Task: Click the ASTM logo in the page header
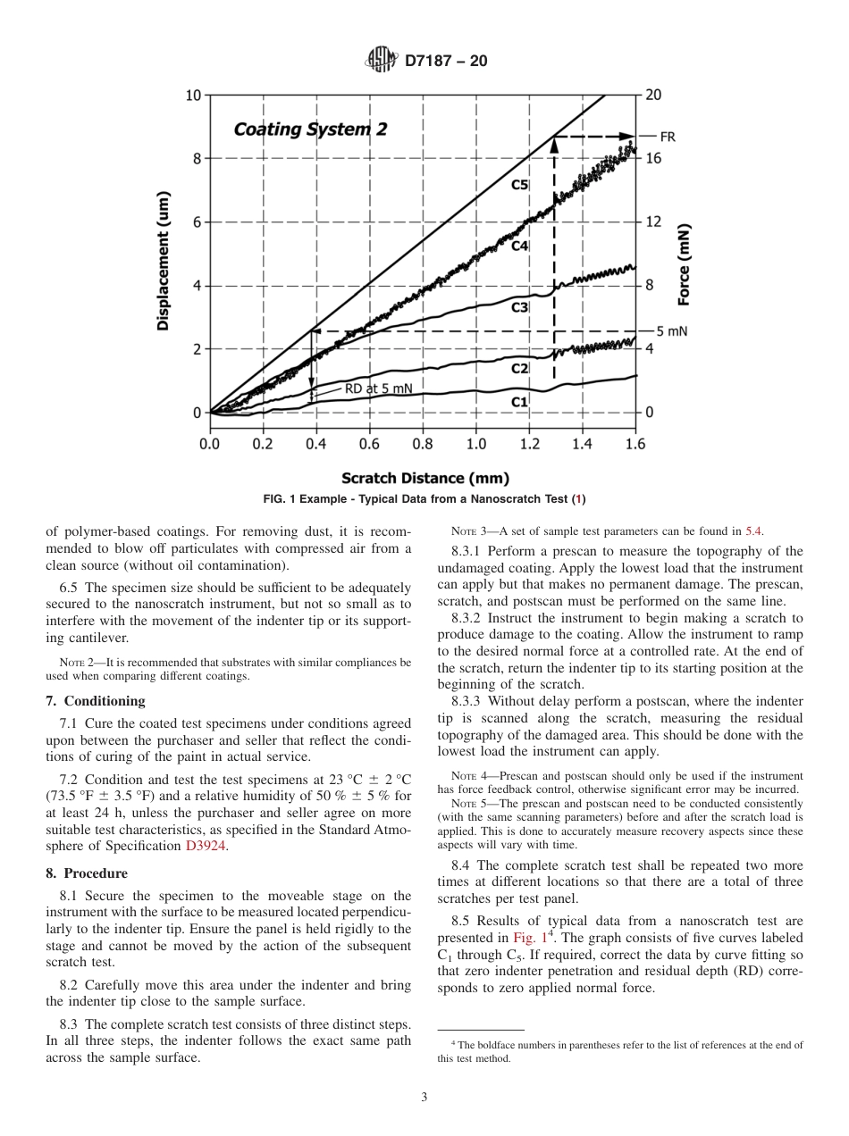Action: point(382,61)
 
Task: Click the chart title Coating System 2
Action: point(310,129)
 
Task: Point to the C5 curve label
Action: point(520,185)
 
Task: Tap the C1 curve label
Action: point(520,402)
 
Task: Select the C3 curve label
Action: point(520,307)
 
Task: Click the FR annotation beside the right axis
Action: point(668,137)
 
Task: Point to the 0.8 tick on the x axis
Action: point(422,443)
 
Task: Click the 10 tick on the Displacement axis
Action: point(193,96)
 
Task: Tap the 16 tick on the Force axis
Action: point(654,158)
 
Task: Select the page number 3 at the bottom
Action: point(424,1098)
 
